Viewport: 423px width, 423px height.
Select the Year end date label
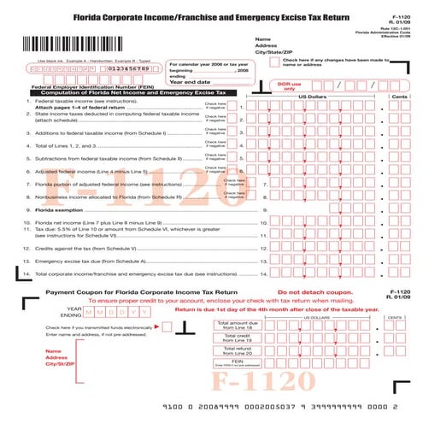pyautogui.click(x=190, y=81)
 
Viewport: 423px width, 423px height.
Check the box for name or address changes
pyautogui.click(x=278, y=60)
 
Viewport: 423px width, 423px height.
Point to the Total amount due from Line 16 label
pyautogui.click(x=237, y=326)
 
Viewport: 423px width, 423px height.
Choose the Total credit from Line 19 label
pyautogui.click(x=237, y=338)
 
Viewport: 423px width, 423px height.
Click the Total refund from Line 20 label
pyautogui.click(x=237, y=350)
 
